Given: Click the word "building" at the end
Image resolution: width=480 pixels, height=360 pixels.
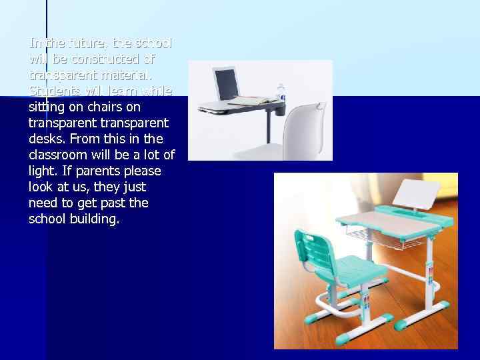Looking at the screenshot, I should click(x=93, y=219).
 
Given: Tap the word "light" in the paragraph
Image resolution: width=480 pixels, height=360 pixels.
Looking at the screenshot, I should click(x=43, y=171).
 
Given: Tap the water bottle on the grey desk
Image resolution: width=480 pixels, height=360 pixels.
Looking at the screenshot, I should click(x=281, y=94).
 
